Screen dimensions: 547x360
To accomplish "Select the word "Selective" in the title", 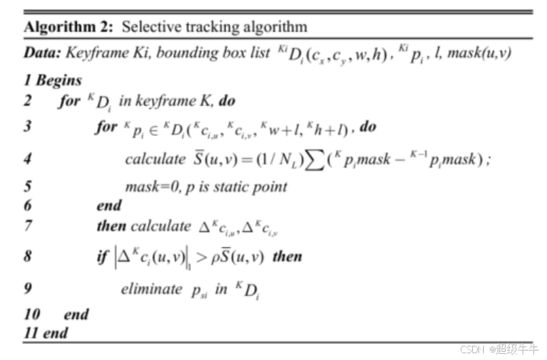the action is (x=151, y=27).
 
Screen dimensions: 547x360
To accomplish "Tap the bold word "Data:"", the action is (x=41, y=52).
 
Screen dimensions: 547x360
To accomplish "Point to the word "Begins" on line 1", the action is (x=58, y=80).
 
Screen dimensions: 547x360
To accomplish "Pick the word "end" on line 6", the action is (x=109, y=205).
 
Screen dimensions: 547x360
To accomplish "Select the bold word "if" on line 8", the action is (x=102, y=257).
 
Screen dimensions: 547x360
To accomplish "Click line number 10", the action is (x=31, y=314).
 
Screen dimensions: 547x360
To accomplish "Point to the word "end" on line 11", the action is (x=56, y=333).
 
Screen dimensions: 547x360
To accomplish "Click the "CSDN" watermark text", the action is (x=472, y=349).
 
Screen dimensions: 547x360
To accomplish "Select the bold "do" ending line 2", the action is (x=227, y=102).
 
